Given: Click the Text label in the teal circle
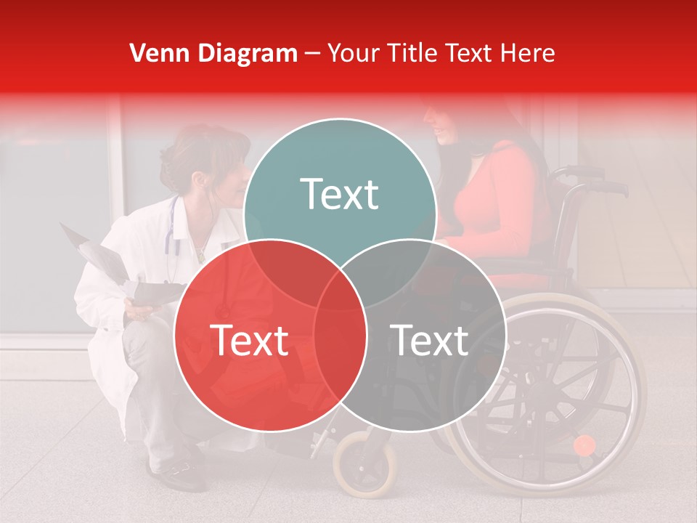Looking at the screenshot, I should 340,194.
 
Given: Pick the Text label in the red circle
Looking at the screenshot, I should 249,340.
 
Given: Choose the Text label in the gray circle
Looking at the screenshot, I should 430,340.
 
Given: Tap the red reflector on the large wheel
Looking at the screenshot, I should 584,445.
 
